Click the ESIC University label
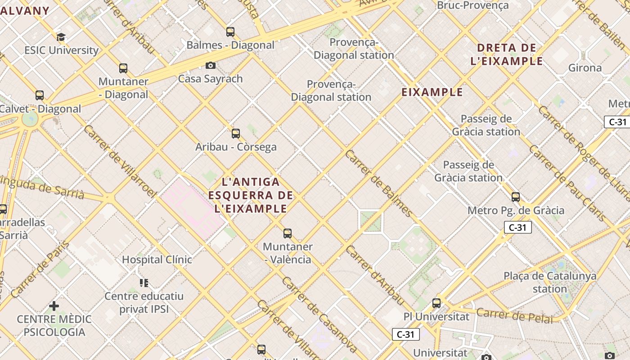(x=62, y=50)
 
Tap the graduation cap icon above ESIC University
(x=61, y=37)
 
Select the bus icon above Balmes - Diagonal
(x=230, y=32)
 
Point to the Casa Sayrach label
(x=210, y=79)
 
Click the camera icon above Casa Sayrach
(x=210, y=66)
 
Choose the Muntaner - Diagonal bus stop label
(x=123, y=88)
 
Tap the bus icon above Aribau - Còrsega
(x=235, y=134)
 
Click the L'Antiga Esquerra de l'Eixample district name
(x=251, y=195)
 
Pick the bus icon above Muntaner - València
(x=288, y=234)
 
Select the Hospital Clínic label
(x=157, y=260)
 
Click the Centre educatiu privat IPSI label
(x=144, y=302)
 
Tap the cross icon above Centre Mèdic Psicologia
(x=54, y=306)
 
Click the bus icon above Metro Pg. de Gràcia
(x=516, y=197)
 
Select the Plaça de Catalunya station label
(x=550, y=282)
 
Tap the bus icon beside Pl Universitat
(x=436, y=303)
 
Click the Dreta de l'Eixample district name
(x=507, y=54)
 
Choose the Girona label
(x=585, y=68)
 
